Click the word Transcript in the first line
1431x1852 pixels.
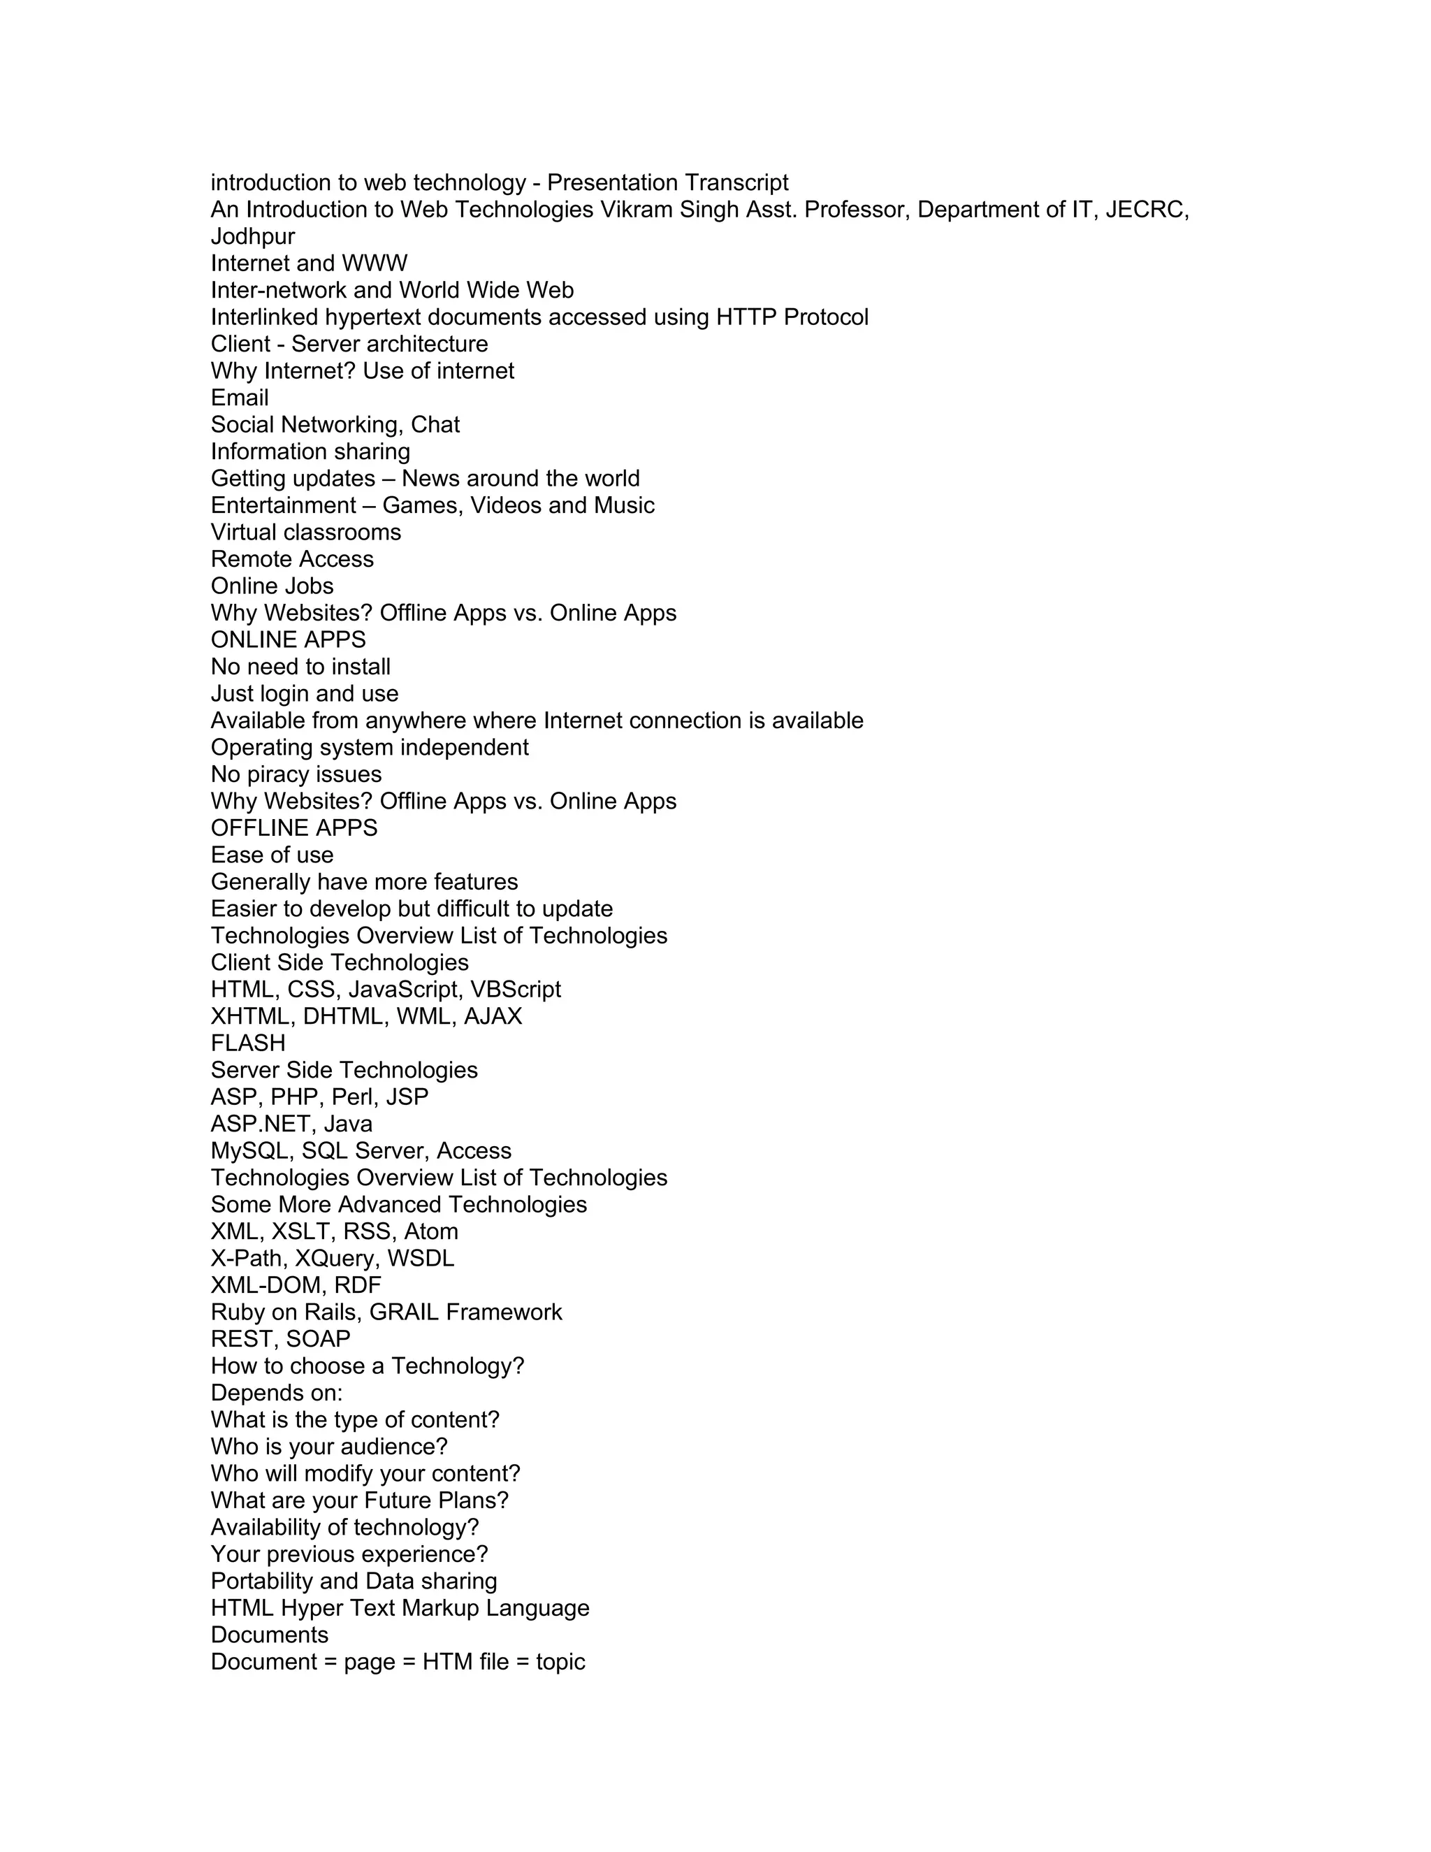(736, 182)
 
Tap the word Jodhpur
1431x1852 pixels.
(253, 237)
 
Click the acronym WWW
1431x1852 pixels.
(375, 263)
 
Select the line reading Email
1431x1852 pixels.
(240, 398)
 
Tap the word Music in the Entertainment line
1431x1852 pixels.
(624, 505)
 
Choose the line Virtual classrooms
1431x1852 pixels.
(306, 533)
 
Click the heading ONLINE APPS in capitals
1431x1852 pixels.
(289, 640)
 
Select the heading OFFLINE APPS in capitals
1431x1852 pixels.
(294, 828)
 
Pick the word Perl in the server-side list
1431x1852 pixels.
(355, 1097)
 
